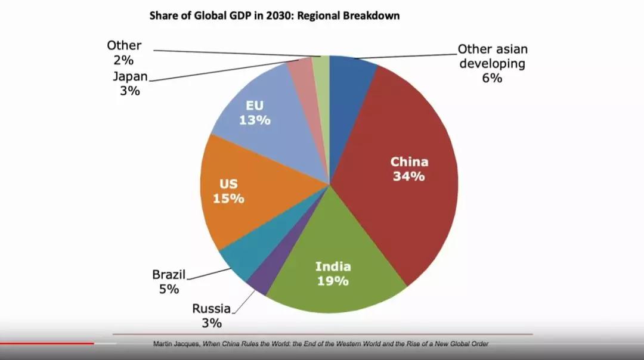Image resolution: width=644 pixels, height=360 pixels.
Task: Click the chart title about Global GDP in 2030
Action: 274,16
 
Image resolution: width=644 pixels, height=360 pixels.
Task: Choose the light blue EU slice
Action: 268,119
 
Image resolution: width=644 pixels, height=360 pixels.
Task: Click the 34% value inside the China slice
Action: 408,176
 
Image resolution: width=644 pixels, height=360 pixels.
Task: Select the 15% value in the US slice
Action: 228,198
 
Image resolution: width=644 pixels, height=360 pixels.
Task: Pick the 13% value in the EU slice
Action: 255,120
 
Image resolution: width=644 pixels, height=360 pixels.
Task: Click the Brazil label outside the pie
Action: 169,275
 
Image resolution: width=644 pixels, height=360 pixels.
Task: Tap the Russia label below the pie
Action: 211,308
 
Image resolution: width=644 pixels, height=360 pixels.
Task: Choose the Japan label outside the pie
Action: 130,76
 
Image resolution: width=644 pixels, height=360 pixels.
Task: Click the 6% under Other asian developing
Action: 492,78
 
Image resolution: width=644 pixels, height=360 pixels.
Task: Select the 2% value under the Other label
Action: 123,60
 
